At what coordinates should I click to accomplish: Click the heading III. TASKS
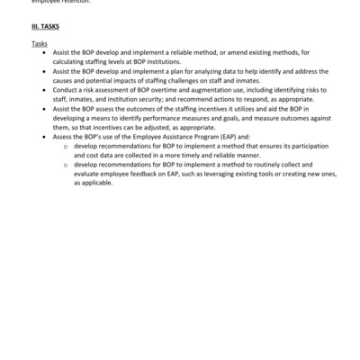point(46,29)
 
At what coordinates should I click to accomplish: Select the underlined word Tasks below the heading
point(39,43)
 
